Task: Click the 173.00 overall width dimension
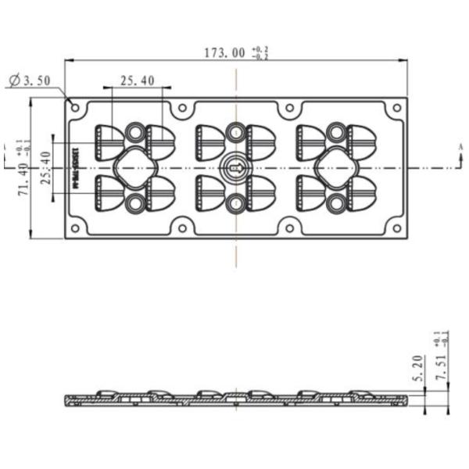224,53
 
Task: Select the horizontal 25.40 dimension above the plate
137,80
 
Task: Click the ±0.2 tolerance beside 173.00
260,53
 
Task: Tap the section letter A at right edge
460,147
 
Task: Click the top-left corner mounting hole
75,108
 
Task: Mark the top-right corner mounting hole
396,108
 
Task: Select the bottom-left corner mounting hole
75,228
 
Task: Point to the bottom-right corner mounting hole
396,228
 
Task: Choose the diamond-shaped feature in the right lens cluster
336,167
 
